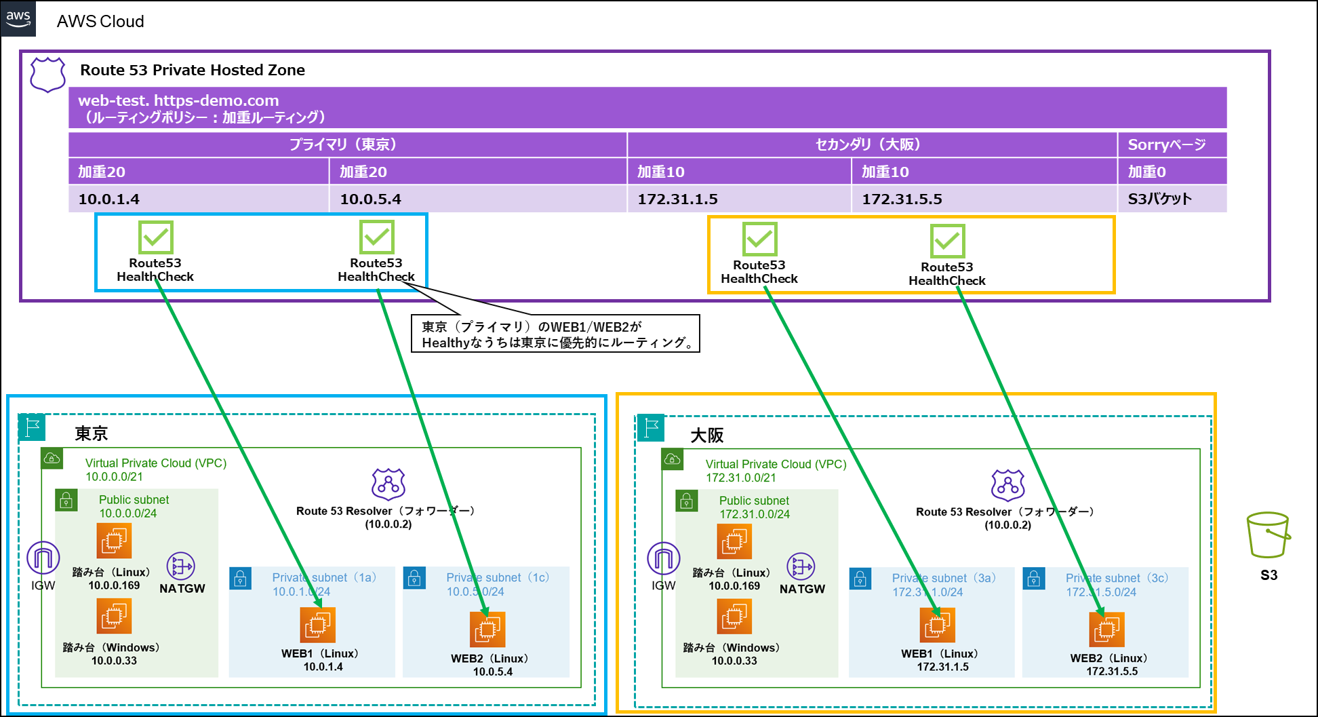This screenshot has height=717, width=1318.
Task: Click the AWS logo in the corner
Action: pos(18,18)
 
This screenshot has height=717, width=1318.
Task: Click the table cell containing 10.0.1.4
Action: pos(198,199)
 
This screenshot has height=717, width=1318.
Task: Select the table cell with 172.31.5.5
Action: pos(984,199)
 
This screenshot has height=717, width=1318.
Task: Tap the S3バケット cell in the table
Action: pos(1172,199)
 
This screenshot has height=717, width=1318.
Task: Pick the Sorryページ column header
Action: pos(1172,144)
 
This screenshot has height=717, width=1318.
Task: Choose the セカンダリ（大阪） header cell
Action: pos(872,144)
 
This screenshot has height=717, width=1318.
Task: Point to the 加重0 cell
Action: pos(1172,172)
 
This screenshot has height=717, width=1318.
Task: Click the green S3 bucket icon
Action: pos(1267,535)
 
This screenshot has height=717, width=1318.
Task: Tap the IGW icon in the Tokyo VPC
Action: pos(43,558)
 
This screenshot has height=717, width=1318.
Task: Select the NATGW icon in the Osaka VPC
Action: pos(801,566)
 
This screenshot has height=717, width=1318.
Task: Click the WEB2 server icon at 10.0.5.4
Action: pos(487,629)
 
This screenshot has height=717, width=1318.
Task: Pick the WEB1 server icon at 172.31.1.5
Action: pos(937,624)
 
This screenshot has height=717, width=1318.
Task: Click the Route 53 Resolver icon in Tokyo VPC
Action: pos(388,484)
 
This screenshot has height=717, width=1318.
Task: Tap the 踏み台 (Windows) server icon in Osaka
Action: pos(734,617)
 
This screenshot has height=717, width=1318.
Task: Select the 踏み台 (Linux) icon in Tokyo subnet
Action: pos(114,541)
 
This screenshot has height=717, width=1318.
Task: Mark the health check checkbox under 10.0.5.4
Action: pos(377,237)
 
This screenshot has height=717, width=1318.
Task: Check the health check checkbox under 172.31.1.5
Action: pos(759,239)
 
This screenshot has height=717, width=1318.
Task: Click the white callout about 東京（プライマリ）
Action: pos(555,334)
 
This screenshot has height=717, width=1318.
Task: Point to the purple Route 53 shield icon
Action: pos(47,74)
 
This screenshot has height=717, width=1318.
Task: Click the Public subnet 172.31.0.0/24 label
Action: pos(754,507)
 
